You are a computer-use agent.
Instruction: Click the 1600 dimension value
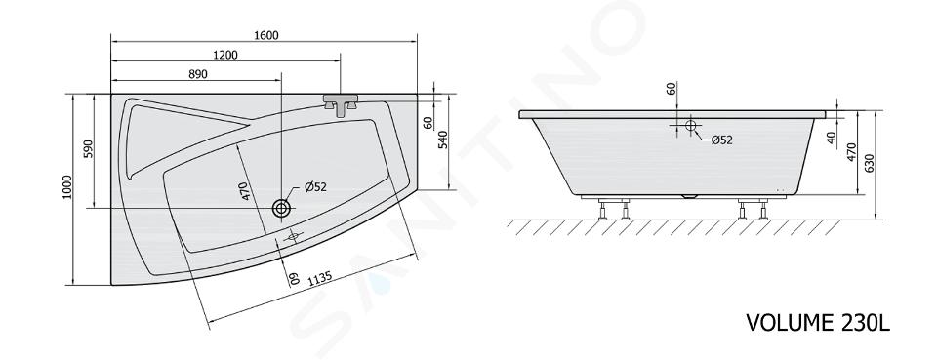click(x=265, y=35)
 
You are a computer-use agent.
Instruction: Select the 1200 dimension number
click(x=225, y=55)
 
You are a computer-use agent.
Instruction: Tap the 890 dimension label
click(x=198, y=74)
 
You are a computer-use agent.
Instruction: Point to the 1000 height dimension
click(x=66, y=187)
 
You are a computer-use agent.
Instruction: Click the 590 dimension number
click(x=88, y=148)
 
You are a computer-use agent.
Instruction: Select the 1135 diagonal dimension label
click(x=320, y=278)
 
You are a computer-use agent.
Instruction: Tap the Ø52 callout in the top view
click(x=315, y=187)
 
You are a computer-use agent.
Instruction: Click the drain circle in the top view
click(x=281, y=209)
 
